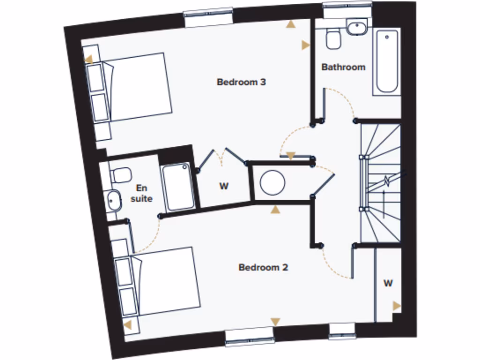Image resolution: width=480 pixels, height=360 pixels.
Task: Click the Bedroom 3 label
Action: (x=241, y=82)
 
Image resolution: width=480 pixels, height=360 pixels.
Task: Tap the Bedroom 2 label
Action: (x=263, y=268)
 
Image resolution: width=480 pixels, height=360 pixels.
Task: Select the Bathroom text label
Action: (x=343, y=67)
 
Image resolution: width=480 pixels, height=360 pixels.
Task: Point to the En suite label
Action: (x=141, y=193)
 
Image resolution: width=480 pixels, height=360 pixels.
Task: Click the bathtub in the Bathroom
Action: (x=387, y=61)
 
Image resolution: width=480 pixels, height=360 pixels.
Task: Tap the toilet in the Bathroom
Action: (x=334, y=39)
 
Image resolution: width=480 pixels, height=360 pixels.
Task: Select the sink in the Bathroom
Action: (x=357, y=27)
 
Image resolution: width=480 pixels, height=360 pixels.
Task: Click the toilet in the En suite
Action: (x=120, y=175)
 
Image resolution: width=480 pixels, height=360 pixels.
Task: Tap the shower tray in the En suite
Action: (x=178, y=187)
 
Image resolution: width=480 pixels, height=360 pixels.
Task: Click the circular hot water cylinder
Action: (x=272, y=182)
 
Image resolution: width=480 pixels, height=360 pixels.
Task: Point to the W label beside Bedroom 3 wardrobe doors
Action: (x=224, y=186)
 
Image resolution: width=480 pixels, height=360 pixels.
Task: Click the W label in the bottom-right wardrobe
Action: (x=388, y=283)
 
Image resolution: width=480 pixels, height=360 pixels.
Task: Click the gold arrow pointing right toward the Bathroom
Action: (x=306, y=45)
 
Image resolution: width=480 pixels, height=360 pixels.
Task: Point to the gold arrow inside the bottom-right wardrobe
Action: (x=397, y=306)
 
